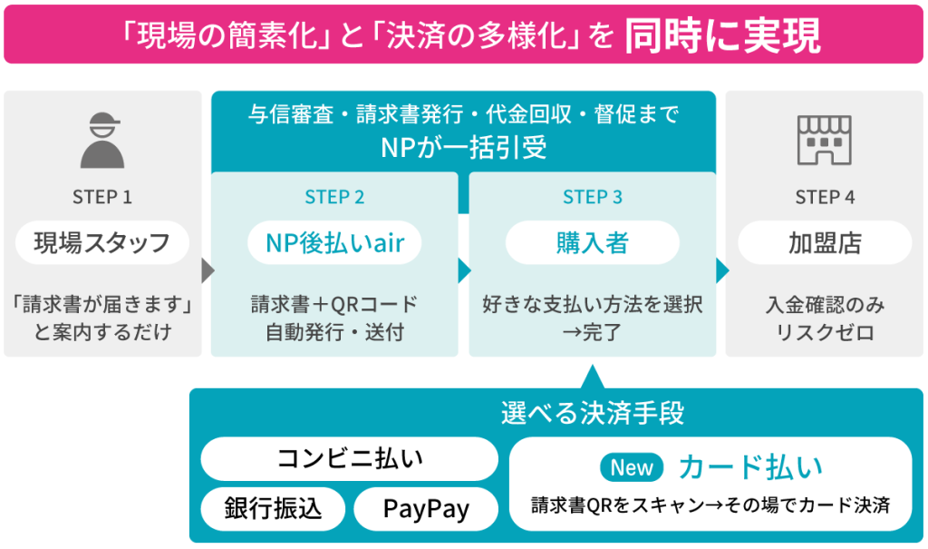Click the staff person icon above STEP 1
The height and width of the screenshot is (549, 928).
pyautogui.click(x=102, y=141)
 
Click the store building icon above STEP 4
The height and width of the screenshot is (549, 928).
pyautogui.click(x=825, y=140)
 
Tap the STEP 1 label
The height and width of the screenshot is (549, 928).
pyautogui.click(x=102, y=197)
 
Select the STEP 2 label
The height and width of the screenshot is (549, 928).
pyautogui.click(x=334, y=197)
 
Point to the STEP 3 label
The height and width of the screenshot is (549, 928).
pyautogui.click(x=593, y=197)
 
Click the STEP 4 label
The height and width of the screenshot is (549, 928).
pyautogui.click(x=825, y=197)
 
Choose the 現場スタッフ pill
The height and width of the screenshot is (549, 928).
pyautogui.click(x=102, y=242)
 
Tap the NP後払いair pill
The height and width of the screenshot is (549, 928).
pyautogui.click(x=334, y=242)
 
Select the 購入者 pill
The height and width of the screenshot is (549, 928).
pyautogui.click(x=593, y=242)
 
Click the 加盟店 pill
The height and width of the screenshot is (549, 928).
pyautogui.click(x=825, y=242)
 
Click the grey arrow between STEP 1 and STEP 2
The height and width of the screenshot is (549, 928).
pyautogui.click(x=208, y=271)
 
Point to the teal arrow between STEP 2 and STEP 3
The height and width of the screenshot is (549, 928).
pyautogui.click(x=465, y=271)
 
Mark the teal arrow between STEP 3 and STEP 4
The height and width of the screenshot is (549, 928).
pyautogui.click(x=722, y=271)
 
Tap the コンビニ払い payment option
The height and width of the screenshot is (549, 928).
pyautogui.click(x=349, y=459)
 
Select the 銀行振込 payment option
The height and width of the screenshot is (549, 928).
pyautogui.click(x=273, y=509)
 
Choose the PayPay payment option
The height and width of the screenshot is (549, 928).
pyautogui.click(x=426, y=509)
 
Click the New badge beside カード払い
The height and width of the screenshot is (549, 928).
pyautogui.click(x=632, y=467)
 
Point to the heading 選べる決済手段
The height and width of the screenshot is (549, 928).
pyautogui.click(x=593, y=413)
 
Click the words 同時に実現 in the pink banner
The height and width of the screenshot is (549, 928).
pyautogui.click(x=722, y=35)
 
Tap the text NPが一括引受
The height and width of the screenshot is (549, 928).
pyautogui.click(x=463, y=148)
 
